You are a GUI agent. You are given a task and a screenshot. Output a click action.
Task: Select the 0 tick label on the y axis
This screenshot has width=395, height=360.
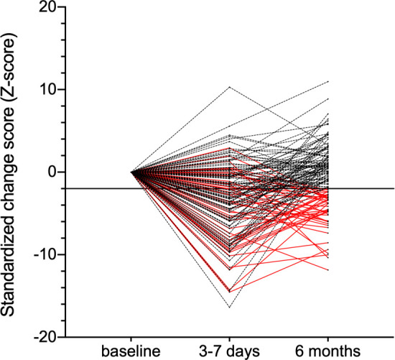coord(53,172)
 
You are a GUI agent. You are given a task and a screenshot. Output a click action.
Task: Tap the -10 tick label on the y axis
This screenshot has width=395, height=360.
coord(47,254)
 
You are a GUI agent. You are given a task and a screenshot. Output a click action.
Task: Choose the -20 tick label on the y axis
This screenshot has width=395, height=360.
coord(47,336)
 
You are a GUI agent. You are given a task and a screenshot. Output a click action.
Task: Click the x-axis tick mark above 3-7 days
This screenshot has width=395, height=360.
coord(230,339)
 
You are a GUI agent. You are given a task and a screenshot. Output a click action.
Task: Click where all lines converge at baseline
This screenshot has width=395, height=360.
coord(131,172)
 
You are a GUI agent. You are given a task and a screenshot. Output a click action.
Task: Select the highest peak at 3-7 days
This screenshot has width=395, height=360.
coord(230,87)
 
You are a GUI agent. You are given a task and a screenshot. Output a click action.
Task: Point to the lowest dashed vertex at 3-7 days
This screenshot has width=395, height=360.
coord(230,308)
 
